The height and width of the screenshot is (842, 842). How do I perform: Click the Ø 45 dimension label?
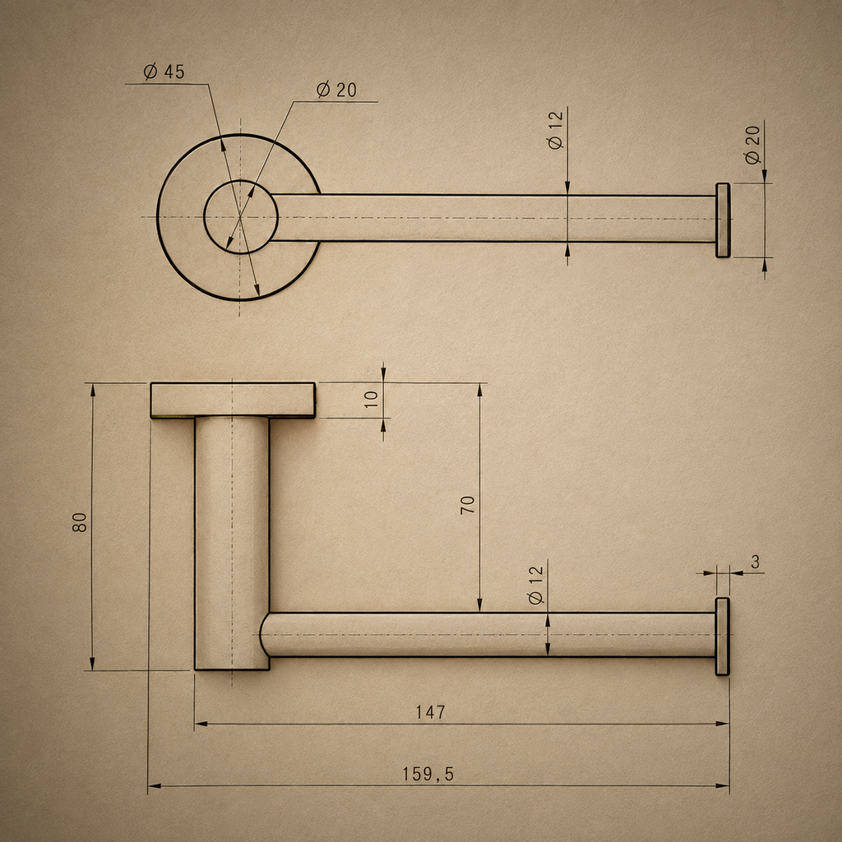[x=164, y=72]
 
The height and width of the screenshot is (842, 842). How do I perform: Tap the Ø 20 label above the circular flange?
[x=336, y=90]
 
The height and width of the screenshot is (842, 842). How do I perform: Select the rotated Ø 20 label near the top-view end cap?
[x=753, y=145]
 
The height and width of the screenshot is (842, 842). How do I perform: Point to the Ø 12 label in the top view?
[x=555, y=130]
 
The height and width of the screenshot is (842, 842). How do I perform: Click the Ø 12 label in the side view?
[x=536, y=585]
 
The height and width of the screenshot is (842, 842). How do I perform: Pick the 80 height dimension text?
[x=80, y=522]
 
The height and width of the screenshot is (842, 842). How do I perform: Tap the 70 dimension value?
[x=468, y=505]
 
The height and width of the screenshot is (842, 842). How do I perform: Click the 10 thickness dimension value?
[x=371, y=399]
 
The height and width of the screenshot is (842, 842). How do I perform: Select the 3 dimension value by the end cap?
[x=756, y=562]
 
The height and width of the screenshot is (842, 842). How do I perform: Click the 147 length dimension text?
[x=431, y=712]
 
